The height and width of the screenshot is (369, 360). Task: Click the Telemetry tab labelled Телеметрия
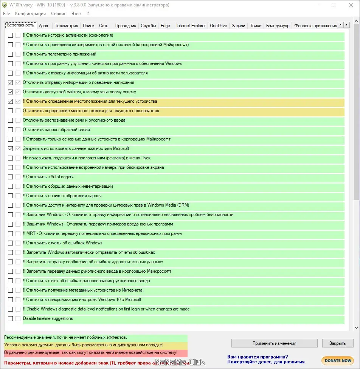pyautogui.click(x=66, y=26)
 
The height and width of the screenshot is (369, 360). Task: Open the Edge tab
pyautogui.click(x=165, y=26)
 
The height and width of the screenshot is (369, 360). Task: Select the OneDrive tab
pyautogui.click(x=218, y=26)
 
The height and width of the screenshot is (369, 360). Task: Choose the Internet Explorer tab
pyautogui.click(x=191, y=26)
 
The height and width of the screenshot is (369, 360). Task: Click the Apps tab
pyautogui.click(x=43, y=26)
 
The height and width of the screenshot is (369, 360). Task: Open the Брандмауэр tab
pyautogui.click(x=278, y=26)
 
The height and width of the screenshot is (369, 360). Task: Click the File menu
pyautogui.click(x=6, y=14)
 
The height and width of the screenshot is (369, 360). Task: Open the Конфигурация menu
pyautogui.click(x=30, y=14)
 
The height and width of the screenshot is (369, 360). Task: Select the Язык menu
pyautogui.click(x=76, y=14)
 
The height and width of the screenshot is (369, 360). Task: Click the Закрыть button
pyautogui.click(x=337, y=343)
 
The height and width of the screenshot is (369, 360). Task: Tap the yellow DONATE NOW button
pyautogui.click(x=337, y=361)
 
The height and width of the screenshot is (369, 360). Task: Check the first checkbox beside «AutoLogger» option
pyautogui.click(x=11, y=177)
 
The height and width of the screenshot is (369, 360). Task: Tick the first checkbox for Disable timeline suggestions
pyautogui.click(x=11, y=318)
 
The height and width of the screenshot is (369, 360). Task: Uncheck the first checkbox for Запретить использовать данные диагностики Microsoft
pyautogui.click(x=11, y=148)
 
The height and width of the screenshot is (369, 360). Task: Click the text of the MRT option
pyautogui.click(x=102, y=233)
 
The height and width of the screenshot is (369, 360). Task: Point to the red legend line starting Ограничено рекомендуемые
pyautogui.click(x=91, y=352)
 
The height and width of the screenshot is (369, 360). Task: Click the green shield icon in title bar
pyautogui.click(x=5, y=5)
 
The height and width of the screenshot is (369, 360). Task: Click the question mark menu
pyautogui.click(x=88, y=14)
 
